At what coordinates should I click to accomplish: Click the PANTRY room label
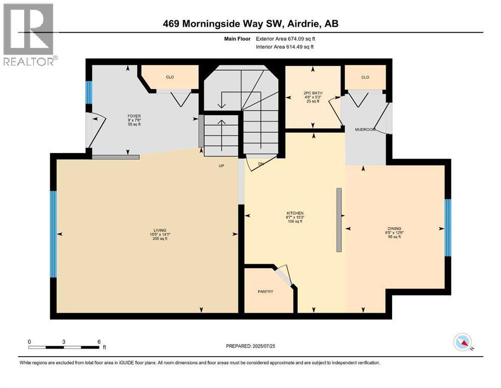tap(265, 292)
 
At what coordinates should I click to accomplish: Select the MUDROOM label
tap(364, 130)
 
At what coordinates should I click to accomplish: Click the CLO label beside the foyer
tap(170, 77)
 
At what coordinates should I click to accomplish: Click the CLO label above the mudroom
tap(365, 77)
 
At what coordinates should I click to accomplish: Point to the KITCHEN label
tap(295, 213)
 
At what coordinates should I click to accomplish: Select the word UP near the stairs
tap(221, 166)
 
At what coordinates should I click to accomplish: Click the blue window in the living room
tap(53, 234)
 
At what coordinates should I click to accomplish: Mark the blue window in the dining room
tap(447, 227)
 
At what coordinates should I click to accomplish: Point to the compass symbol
tap(463, 342)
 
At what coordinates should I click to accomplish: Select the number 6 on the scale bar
tap(98, 342)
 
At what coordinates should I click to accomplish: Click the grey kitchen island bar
tap(339, 220)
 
